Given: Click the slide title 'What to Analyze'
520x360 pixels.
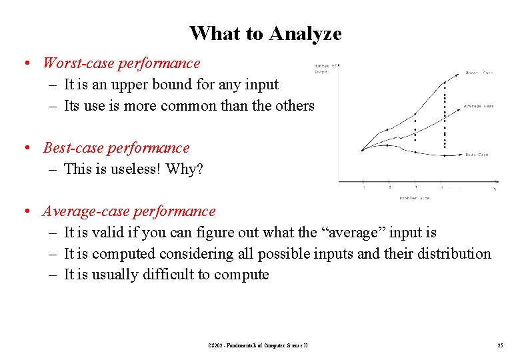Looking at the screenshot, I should [265, 33].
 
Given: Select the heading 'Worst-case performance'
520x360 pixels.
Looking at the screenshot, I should [121, 63].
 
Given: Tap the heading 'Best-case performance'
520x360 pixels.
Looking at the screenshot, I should [116, 148].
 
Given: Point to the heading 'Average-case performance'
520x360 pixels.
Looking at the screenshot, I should [129, 211].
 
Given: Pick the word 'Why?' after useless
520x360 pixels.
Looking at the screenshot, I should [188, 169].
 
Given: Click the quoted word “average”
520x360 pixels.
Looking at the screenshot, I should [351, 233].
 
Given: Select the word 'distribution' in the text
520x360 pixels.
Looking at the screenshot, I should [453, 254].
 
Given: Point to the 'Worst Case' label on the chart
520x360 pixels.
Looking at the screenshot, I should [479, 73].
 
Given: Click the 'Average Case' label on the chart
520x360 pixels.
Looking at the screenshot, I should [479, 105].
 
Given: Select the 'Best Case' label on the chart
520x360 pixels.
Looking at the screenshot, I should [477, 155].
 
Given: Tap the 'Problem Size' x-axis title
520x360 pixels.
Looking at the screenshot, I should [414, 198].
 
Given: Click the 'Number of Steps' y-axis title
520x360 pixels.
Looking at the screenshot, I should [325, 69].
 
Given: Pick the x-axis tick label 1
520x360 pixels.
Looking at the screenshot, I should [363, 188].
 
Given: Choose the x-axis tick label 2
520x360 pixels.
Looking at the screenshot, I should [389, 188].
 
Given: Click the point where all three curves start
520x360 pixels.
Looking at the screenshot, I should [363, 149].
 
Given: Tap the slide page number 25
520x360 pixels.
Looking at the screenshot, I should [499, 345].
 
